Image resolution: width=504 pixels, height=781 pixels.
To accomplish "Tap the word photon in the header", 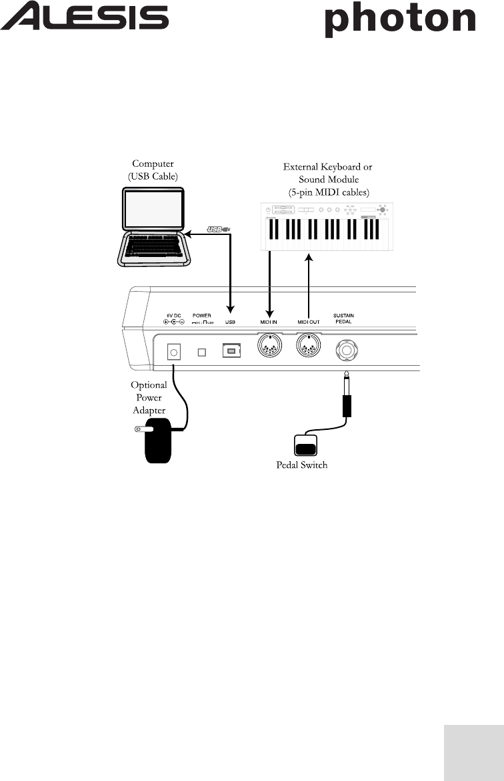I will [400, 21].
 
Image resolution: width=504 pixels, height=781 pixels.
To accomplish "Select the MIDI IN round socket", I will [269, 346].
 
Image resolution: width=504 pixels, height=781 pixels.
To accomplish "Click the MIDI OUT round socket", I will [308, 346].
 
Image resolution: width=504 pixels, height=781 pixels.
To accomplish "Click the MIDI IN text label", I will [269, 322].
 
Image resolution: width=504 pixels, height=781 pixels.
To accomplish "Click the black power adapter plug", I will [159, 441].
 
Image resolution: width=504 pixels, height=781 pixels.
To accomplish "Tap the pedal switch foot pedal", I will [307, 446].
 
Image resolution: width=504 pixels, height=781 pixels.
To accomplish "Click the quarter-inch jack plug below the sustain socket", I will [346, 401].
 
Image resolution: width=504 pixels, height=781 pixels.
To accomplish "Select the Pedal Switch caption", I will [302, 465].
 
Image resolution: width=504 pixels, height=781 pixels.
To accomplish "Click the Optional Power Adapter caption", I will [149, 398].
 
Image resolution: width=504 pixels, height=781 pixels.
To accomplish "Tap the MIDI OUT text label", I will [309, 322].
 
